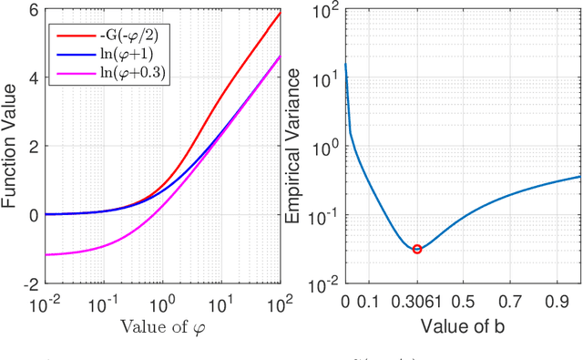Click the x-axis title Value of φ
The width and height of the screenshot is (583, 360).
pos(162,326)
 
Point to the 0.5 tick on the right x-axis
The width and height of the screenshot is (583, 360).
pos(464,302)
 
